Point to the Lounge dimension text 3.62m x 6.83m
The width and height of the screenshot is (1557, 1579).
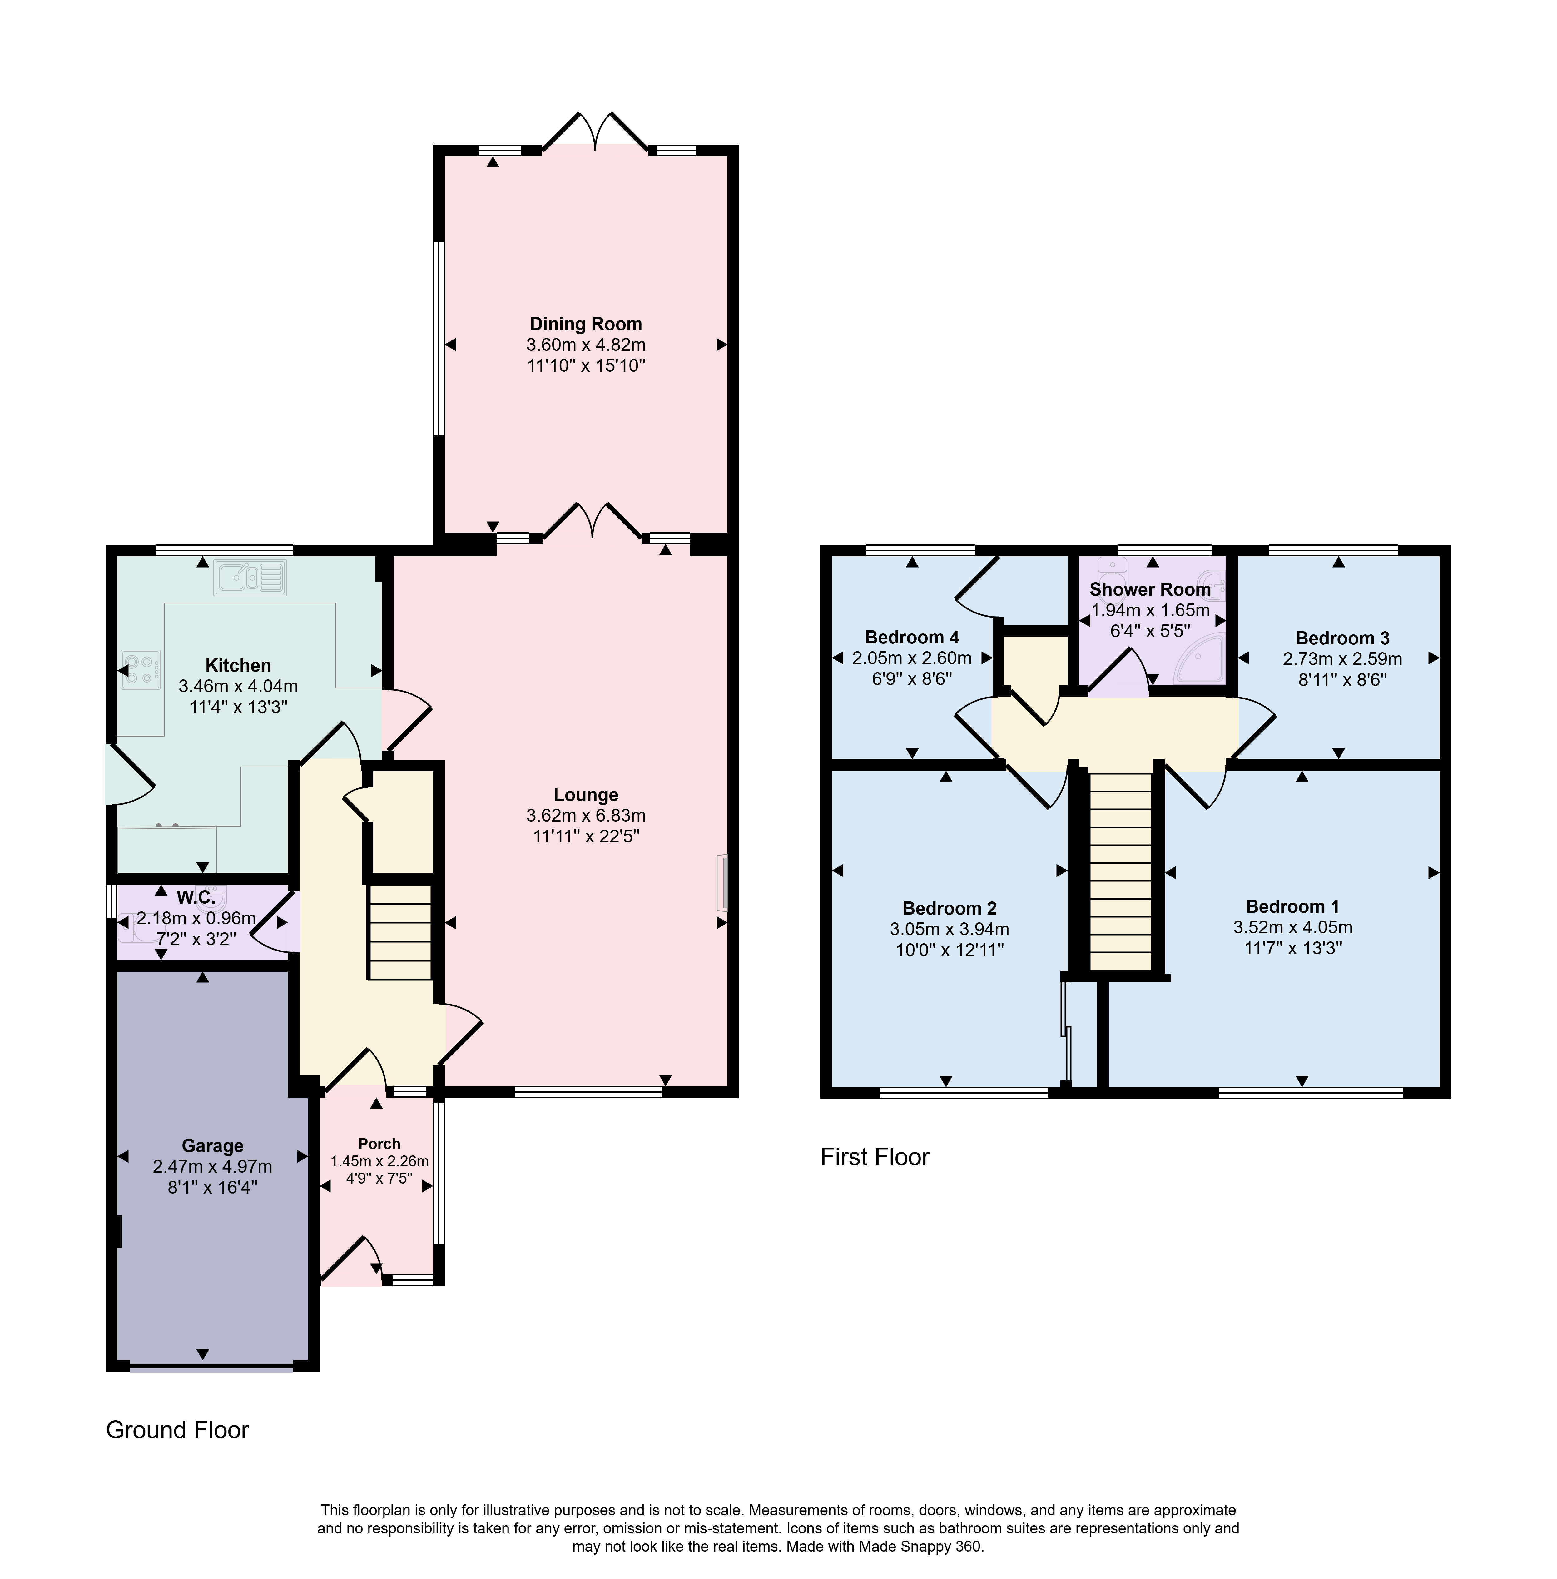585,815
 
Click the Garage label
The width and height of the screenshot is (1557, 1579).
212,1146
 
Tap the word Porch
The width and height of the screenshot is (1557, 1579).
379,1143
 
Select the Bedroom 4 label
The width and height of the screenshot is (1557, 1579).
912,637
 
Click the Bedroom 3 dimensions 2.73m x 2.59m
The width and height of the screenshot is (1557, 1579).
1342,659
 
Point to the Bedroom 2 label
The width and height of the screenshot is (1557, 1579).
949,908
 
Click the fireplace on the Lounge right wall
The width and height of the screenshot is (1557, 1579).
722,882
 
